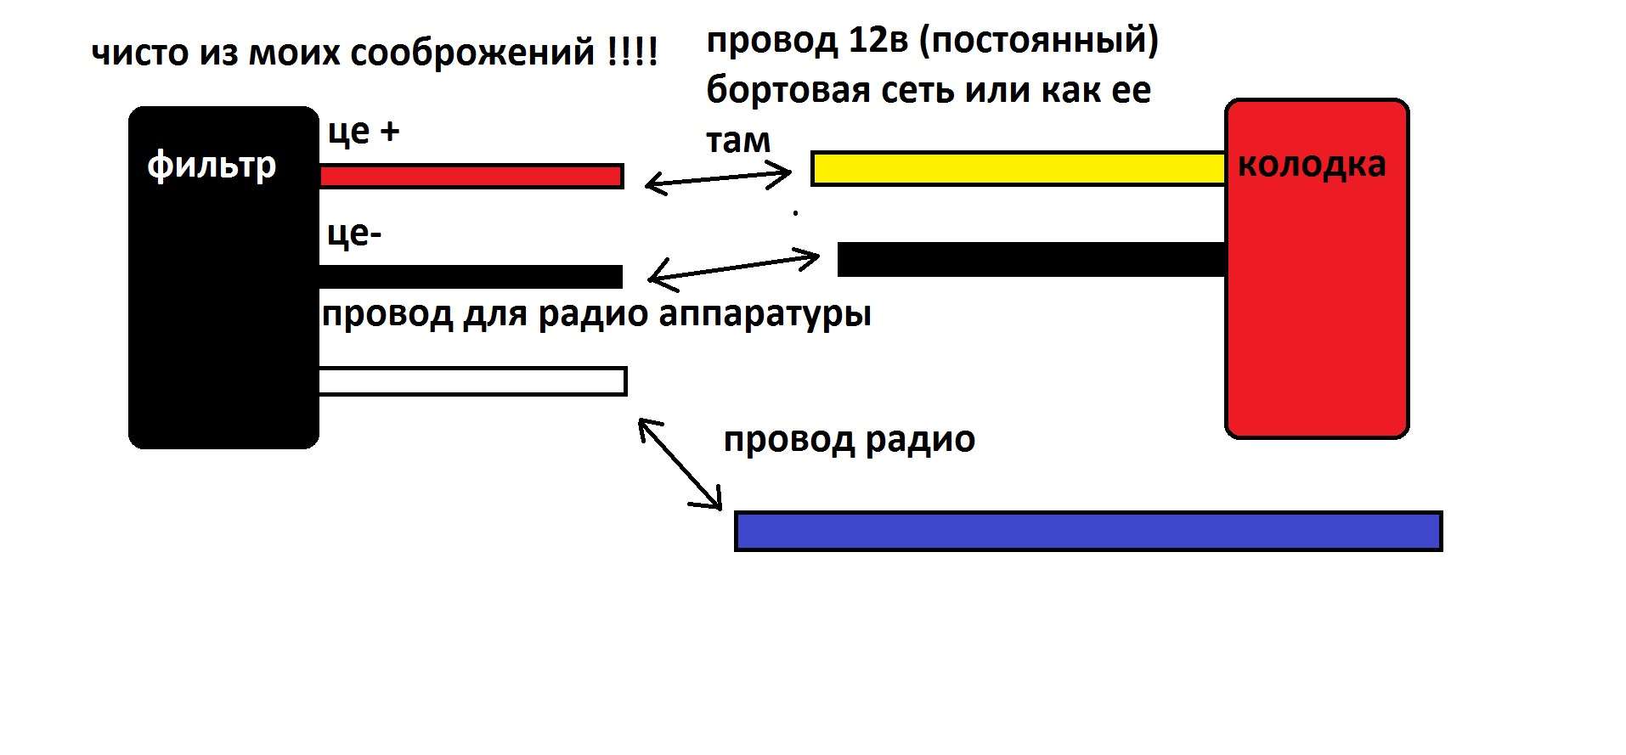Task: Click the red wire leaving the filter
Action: tap(471, 176)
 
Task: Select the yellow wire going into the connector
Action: tap(1018, 168)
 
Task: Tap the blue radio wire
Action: tap(1088, 532)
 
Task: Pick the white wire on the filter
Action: tap(472, 381)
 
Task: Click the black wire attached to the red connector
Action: tap(1031, 259)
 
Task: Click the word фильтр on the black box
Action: tap(212, 165)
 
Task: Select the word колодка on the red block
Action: tap(1311, 164)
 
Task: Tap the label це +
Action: tap(363, 132)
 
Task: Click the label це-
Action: tap(354, 234)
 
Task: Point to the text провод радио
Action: tap(849, 440)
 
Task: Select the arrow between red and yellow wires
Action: tap(718, 178)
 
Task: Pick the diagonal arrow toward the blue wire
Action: tap(680, 465)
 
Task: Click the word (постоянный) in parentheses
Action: tap(1039, 40)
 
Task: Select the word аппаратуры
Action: tap(765, 314)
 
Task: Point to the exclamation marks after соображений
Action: tap(633, 53)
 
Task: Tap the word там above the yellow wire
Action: tap(737, 140)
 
